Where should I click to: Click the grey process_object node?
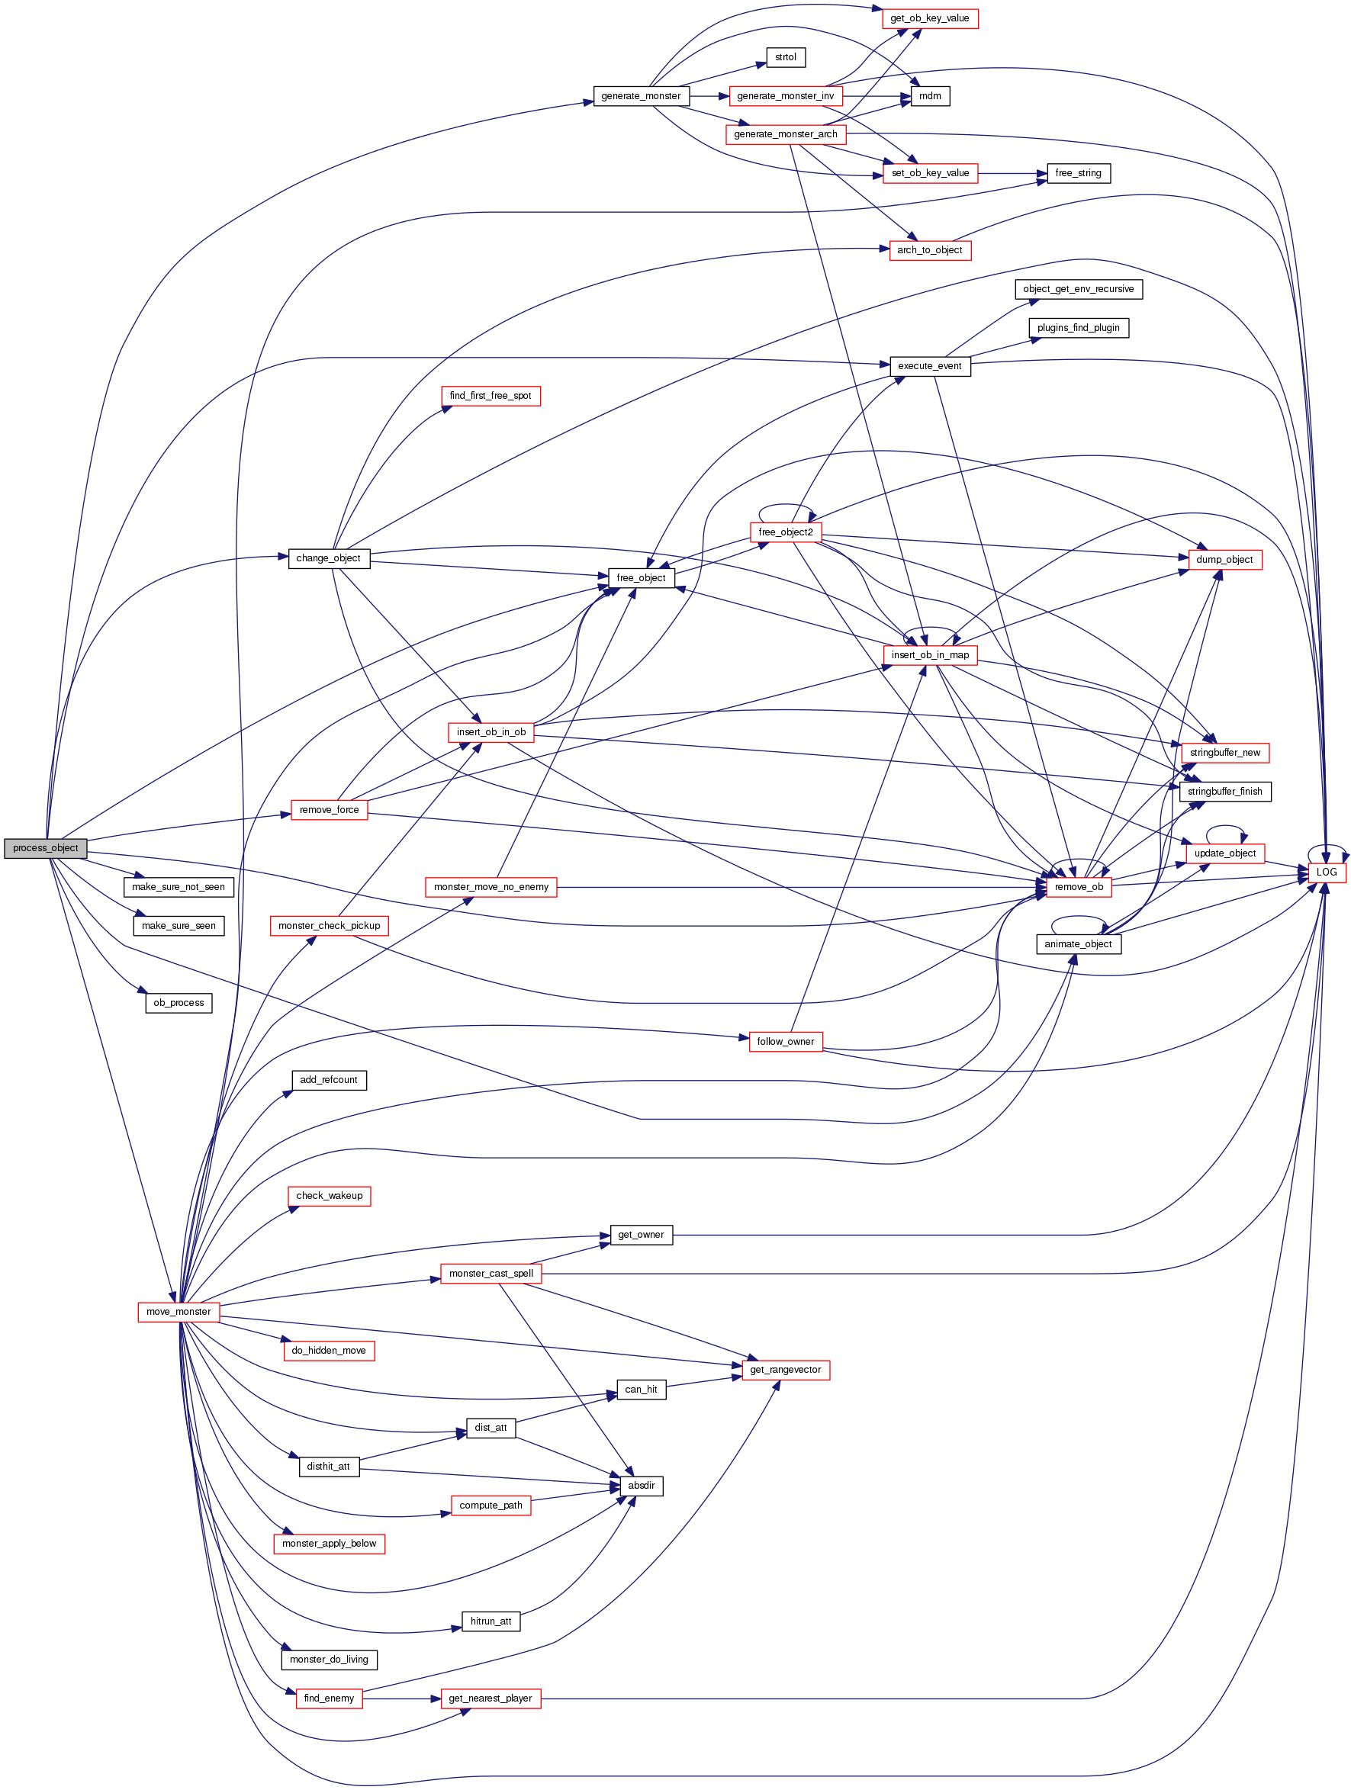tap(45, 848)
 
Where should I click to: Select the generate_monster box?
tap(640, 96)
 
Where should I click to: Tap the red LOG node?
tap(1326, 873)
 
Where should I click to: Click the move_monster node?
tap(178, 1312)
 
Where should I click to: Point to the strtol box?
tap(785, 57)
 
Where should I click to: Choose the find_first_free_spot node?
tap(491, 396)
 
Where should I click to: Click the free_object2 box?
tap(785, 532)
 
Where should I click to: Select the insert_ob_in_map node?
tap(929, 654)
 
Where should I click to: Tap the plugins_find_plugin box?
tap(1078, 328)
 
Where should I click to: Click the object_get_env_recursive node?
tap(1078, 289)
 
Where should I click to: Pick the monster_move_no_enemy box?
tap(491, 887)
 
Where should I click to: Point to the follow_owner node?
tap(785, 1042)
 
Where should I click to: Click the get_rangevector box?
tap(785, 1370)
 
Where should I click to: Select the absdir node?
tap(641, 1486)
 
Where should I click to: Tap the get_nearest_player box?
tap(491, 1698)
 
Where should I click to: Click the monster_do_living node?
tap(329, 1660)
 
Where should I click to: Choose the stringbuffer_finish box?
tap(1224, 792)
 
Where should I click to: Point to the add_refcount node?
tap(329, 1080)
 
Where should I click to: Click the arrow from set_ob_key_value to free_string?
tap(1012, 173)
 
